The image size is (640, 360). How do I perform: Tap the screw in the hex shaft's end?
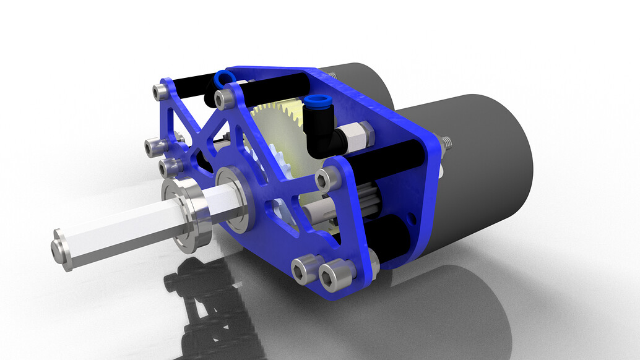coord(60,246)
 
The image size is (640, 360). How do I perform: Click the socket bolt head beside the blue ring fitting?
coord(223,98)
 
